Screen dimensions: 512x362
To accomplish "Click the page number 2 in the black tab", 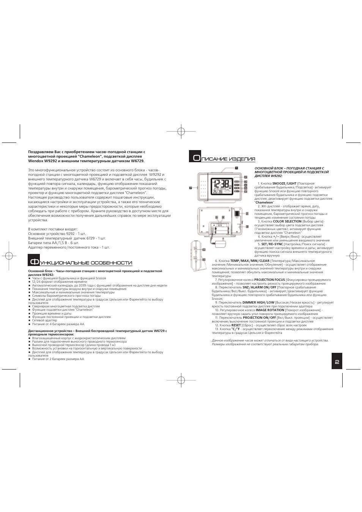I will (337, 362).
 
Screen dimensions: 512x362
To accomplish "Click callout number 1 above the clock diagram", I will (236, 167).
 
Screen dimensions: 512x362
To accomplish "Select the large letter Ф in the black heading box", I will (34, 262).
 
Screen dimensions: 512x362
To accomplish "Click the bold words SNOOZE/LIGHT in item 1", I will (285, 183).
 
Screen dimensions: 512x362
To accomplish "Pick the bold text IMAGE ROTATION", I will (270, 310).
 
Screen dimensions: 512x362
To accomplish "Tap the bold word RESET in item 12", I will (236, 325).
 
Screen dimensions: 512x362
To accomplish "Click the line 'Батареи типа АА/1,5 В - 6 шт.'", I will (54, 243).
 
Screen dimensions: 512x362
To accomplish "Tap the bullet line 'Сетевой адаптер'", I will (44, 320).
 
